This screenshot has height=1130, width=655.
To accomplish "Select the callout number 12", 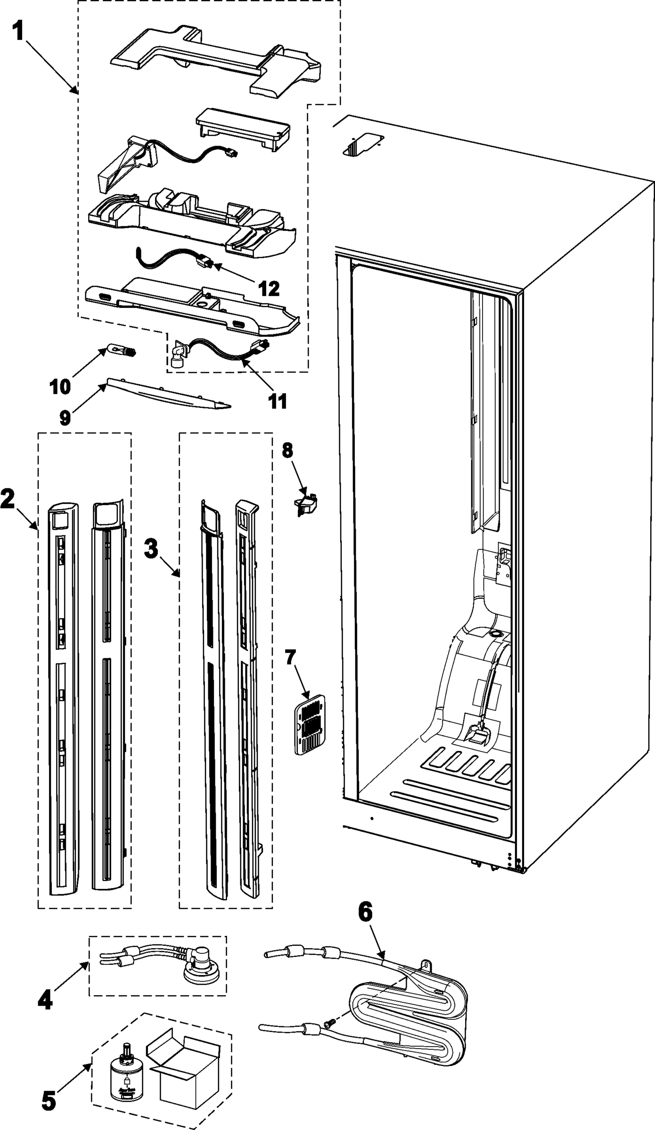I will (269, 288).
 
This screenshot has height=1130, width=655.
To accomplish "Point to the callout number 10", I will (60, 386).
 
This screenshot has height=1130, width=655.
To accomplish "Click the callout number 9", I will (65, 417).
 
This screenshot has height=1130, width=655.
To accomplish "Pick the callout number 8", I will (287, 451).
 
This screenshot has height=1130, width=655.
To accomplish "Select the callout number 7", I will (290, 657).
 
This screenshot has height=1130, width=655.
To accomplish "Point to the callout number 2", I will (8, 499).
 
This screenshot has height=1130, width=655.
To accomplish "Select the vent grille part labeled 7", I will (310, 724).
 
